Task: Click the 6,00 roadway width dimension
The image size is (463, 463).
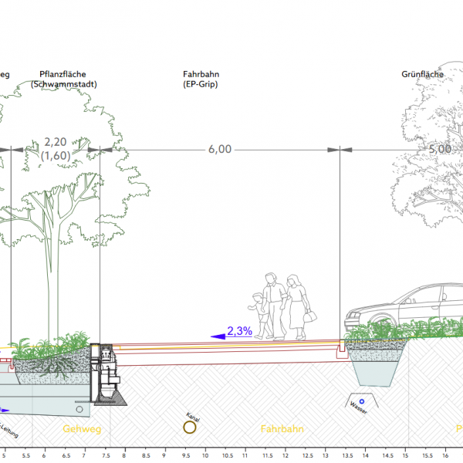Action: coord(219,150)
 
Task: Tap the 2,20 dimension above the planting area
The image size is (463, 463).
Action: coord(56,142)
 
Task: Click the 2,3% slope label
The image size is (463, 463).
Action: coord(239,331)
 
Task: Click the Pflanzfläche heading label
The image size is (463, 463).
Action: coord(68,74)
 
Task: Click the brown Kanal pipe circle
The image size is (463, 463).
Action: coord(189,427)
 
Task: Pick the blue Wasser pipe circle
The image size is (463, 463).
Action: coord(361,401)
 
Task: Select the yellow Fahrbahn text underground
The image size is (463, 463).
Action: coord(282,428)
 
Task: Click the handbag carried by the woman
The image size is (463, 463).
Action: coord(309,316)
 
